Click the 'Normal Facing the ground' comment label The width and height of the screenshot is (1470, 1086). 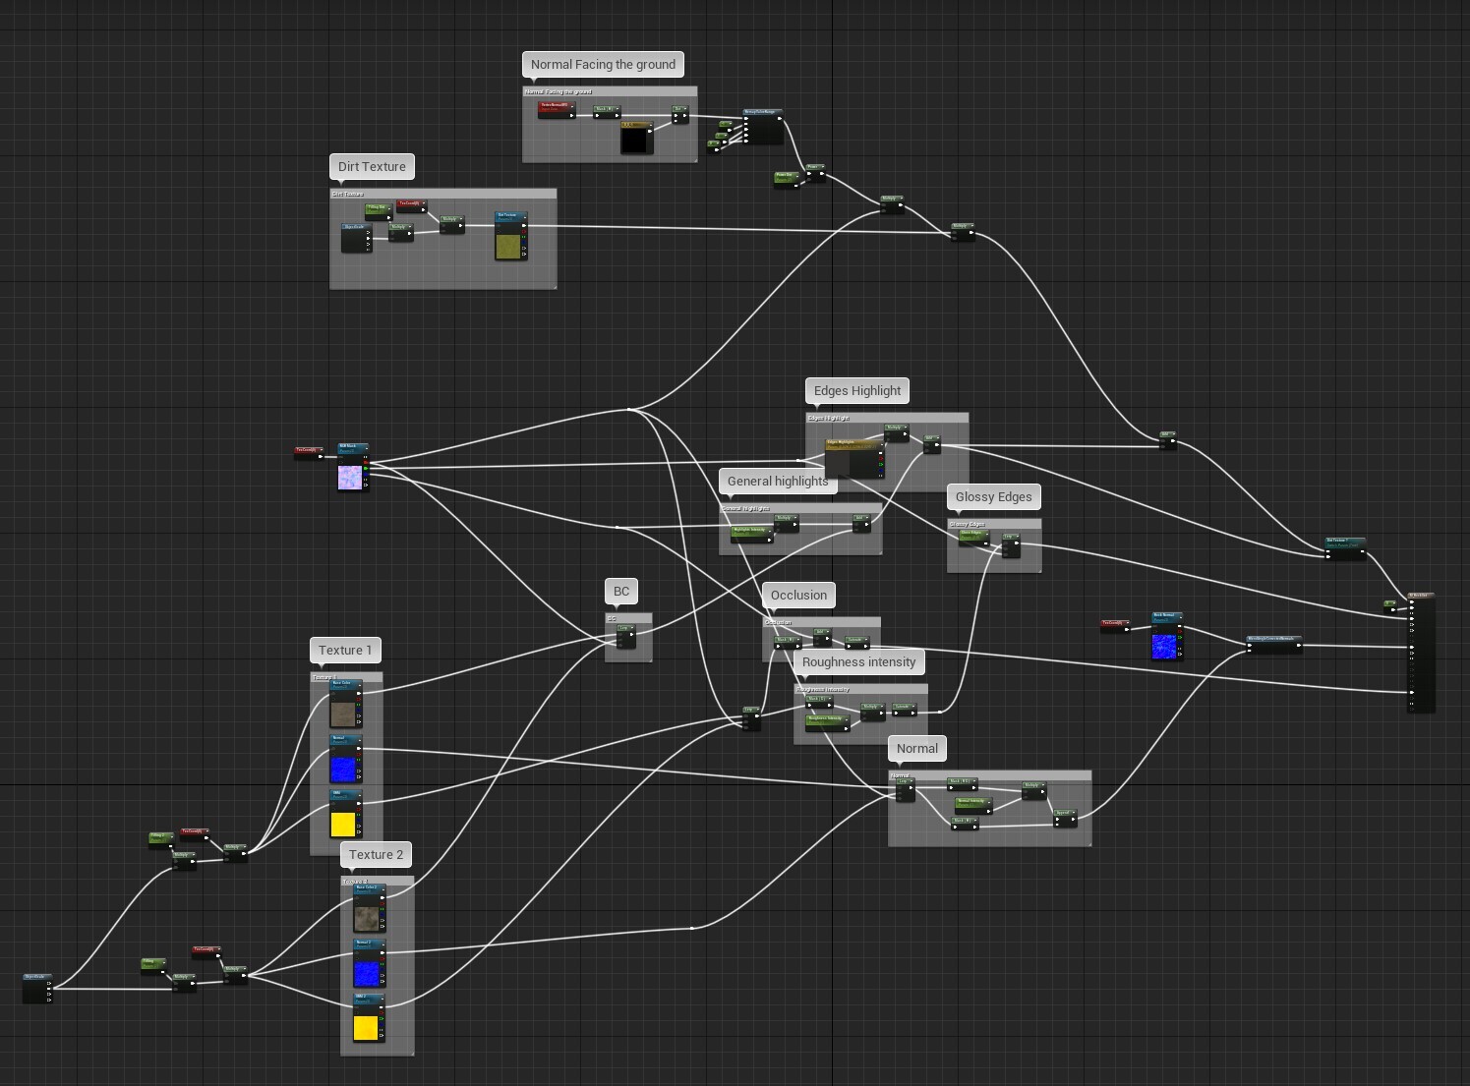(603, 65)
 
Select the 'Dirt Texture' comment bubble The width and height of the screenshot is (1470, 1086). (372, 167)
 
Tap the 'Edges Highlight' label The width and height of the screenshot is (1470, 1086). (856, 391)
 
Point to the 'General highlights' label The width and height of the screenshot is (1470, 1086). (778, 482)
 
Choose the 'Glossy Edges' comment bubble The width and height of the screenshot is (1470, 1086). (993, 497)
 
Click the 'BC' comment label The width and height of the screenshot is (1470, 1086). (621, 592)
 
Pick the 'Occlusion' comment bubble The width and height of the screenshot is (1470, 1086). (798, 596)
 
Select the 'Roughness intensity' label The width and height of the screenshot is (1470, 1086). (858, 662)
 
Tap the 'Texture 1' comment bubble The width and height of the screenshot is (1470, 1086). (345, 651)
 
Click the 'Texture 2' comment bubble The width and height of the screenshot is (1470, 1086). (377, 855)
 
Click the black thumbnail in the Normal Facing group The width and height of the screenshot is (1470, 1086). (635, 140)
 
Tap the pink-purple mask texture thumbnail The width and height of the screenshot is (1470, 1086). (350, 478)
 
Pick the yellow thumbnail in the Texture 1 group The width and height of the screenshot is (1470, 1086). (342, 824)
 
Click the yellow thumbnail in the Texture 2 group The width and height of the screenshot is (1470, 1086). (366, 1028)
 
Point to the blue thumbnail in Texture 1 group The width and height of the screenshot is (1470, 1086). (342, 769)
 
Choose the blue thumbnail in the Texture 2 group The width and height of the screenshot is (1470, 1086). (366, 973)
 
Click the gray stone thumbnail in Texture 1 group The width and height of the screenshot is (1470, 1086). (342, 714)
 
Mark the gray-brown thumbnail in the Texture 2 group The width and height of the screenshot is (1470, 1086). (366, 918)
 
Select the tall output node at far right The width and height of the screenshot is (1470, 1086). (1422, 654)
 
